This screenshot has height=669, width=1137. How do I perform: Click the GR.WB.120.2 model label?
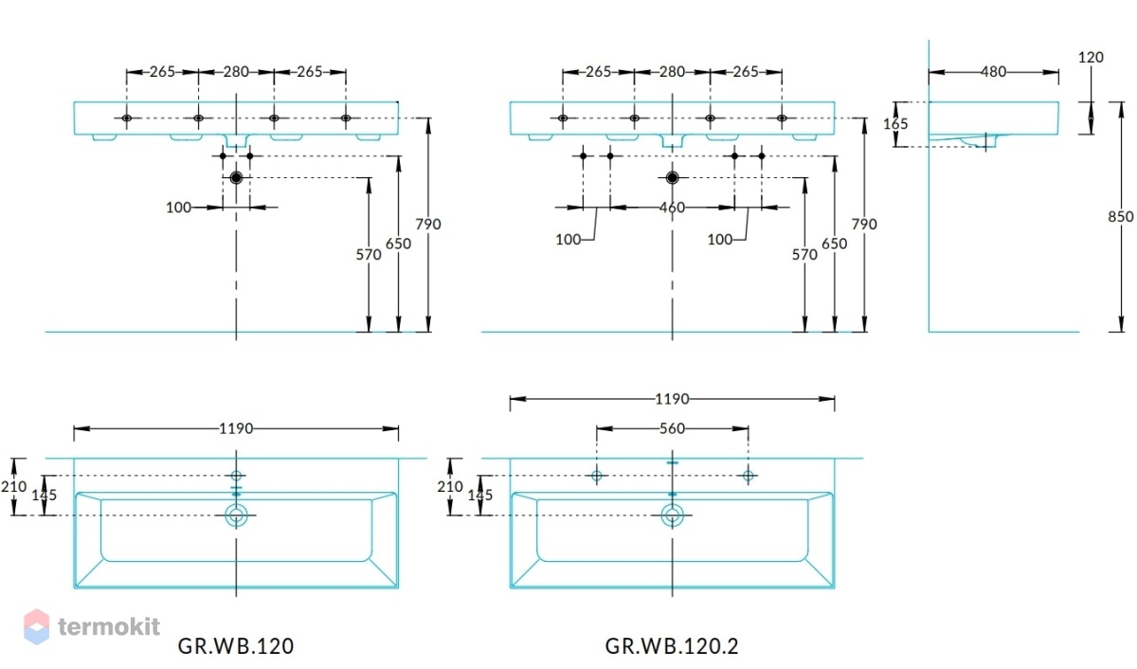coord(672,646)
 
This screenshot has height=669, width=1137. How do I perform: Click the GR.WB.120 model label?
coord(236,646)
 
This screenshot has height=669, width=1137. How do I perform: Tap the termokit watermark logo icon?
coord(37,626)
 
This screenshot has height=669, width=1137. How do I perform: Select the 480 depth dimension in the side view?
coord(993,72)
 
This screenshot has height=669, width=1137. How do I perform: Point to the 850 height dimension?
coord(1120,217)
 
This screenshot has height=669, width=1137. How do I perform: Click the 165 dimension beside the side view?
coord(895,124)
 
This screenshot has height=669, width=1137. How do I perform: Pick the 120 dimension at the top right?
coord(1091,58)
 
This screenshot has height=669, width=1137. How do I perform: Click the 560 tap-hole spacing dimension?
coord(672,429)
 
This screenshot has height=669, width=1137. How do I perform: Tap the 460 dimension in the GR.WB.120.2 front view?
coord(672,208)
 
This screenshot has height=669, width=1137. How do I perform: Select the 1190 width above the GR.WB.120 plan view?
coord(236,429)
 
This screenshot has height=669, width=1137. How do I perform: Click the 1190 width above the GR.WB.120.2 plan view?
coord(672,399)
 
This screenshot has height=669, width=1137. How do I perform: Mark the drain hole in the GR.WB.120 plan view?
coord(236,515)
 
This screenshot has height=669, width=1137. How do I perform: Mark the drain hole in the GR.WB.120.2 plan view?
coord(672,515)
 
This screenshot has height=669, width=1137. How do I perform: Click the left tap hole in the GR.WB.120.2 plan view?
coord(596,476)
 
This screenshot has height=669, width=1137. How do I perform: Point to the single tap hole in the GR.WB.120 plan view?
coord(236,476)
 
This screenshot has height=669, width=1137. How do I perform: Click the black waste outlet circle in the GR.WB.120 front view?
coord(236,177)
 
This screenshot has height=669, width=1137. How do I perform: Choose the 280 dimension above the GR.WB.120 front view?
coord(236,72)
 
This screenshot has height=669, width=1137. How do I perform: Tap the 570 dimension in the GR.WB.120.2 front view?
coord(804,254)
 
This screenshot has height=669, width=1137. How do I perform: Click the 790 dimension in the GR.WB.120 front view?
coord(428,224)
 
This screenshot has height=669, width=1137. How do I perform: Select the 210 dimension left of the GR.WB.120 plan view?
coord(13,487)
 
